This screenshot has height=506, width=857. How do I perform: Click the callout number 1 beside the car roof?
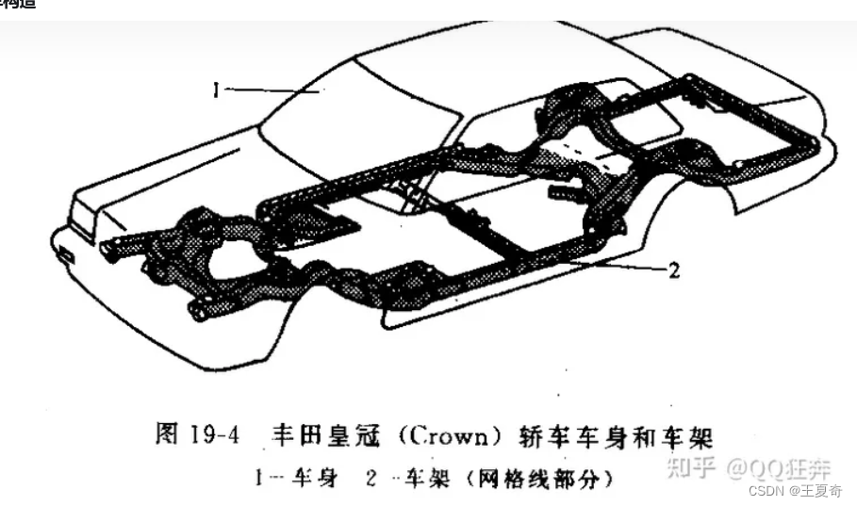[216, 90]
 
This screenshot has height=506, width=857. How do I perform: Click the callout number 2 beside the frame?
[673, 271]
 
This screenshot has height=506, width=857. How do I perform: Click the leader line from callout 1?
[273, 90]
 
